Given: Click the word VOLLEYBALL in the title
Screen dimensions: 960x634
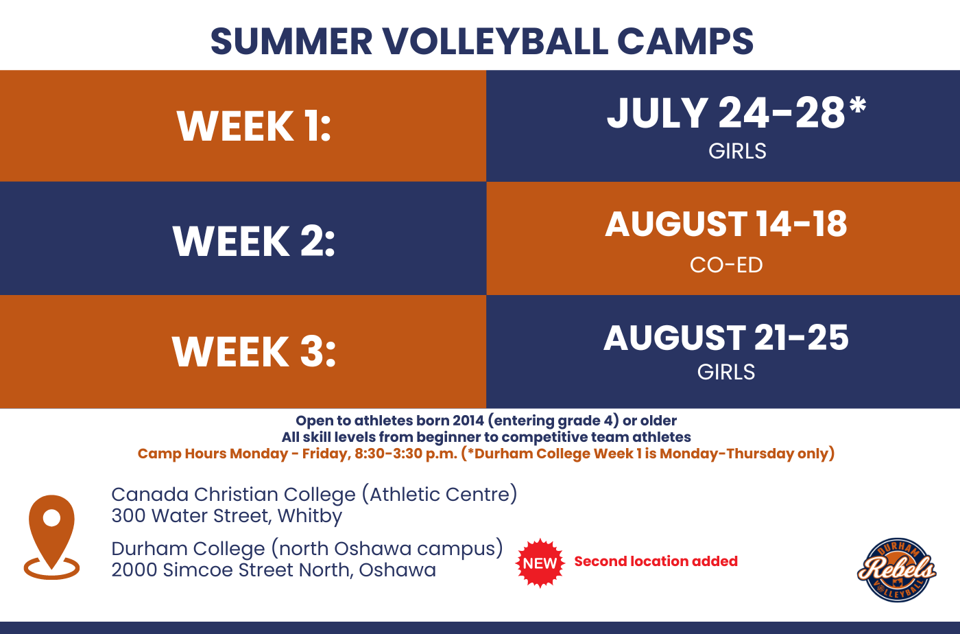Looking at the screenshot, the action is (495, 42).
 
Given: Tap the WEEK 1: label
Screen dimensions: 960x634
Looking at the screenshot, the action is (254, 126).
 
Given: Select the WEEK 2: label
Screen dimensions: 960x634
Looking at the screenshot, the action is (254, 241).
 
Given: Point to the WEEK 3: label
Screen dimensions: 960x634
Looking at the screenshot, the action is (254, 351).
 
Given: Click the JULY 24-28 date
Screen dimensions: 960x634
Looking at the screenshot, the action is (726, 113).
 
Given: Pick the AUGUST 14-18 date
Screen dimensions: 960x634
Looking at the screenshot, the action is (726, 224).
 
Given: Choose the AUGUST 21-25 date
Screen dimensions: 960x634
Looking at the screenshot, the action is (726, 338).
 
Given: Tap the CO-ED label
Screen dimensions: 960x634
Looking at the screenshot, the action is (726, 265).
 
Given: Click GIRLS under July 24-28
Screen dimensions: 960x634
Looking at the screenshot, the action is (737, 151).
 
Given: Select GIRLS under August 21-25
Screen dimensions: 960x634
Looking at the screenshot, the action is (726, 372).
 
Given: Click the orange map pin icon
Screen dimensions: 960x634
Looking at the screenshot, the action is (51, 537).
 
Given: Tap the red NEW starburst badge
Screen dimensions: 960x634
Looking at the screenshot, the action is (540, 563).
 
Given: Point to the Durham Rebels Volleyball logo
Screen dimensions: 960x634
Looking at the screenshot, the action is (897, 570).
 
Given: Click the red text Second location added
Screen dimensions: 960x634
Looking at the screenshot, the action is (656, 561).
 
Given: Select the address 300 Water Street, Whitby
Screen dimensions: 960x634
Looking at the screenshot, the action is (227, 516).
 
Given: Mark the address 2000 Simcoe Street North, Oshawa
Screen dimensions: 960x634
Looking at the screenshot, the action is (274, 570).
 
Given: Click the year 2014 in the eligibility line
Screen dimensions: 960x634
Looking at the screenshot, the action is (468, 421).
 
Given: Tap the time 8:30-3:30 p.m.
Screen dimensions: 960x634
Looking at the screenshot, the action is (406, 454).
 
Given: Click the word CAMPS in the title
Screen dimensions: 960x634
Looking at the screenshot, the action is (685, 42).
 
